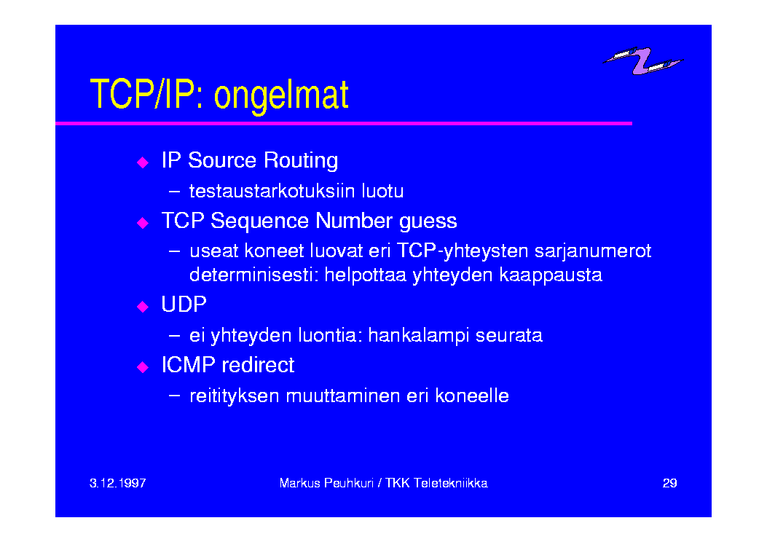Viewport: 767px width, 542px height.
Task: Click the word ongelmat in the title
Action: [281, 96]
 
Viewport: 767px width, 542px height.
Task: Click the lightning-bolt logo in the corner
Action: [642, 60]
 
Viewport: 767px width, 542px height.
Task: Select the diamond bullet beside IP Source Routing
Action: [143, 162]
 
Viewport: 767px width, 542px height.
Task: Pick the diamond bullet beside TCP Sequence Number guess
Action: [143, 223]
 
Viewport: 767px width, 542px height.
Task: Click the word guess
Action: [428, 221]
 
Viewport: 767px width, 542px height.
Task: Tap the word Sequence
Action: [259, 221]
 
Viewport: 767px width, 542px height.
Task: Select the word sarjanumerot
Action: [593, 251]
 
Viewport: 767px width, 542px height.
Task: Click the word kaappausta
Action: [551, 275]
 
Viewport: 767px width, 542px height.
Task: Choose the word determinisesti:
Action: [254, 275]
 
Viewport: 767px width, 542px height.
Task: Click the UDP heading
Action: [184, 305]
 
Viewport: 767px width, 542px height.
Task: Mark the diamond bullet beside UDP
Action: [143, 307]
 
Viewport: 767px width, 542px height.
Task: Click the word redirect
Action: [258, 365]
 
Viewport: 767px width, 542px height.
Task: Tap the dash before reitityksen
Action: [174, 396]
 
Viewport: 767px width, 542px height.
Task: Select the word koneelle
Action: [472, 396]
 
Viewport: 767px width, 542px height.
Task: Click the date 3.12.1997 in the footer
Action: [118, 483]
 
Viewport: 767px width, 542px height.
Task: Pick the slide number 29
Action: [669, 483]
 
